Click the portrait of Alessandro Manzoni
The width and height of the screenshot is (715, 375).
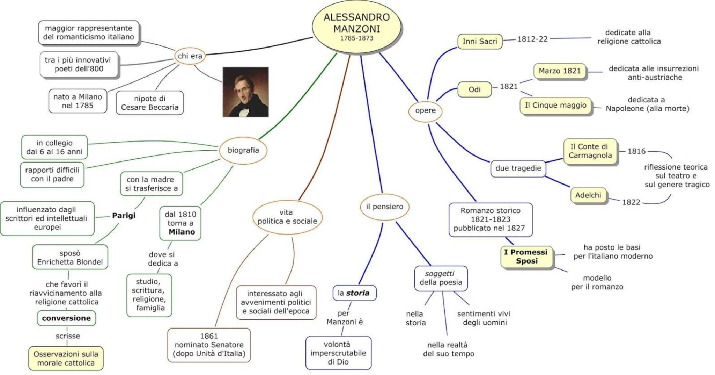point(245,92)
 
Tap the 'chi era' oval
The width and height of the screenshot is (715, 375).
point(190,56)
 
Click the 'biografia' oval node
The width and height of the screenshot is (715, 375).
point(243,150)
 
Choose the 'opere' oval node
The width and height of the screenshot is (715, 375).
point(425,111)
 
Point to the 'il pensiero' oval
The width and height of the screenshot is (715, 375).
point(384,207)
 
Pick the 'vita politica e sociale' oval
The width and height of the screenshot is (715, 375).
point(287,217)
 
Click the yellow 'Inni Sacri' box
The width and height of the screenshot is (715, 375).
point(480,42)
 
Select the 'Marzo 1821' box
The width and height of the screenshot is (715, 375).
point(559,71)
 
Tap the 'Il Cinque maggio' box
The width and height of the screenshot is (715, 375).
point(555,106)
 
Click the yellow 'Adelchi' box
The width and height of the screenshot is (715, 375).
point(588,195)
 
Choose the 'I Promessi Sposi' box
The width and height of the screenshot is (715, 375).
point(526,257)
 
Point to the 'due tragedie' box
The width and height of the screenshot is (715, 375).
point(518,168)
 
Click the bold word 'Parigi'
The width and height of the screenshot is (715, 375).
point(124,216)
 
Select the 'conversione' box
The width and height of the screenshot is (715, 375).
point(66,318)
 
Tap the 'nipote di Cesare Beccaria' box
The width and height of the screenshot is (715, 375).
point(149,103)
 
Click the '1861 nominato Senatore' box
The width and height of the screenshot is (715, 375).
point(209,345)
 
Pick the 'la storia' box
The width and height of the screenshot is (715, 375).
point(354,293)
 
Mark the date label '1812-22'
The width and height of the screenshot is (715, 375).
point(532,39)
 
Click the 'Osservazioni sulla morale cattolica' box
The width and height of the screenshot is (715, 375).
point(66,358)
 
